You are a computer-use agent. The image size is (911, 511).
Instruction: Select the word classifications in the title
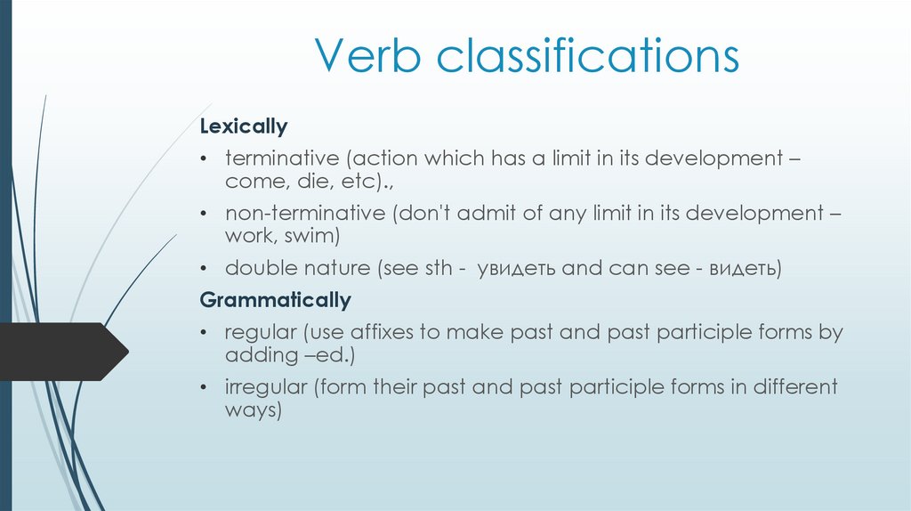(588, 57)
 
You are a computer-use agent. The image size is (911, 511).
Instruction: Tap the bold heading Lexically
(243, 126)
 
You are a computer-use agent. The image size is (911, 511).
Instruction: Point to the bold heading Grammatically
(275, 300)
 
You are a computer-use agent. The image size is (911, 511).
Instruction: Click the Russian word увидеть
(515, 269)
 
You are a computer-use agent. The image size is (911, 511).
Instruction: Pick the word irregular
(264, 388)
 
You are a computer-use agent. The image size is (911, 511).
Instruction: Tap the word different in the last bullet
(795, 388)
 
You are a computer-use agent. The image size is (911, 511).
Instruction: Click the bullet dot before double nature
(205, 269)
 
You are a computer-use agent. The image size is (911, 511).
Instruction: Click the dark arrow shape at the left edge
(62, 352)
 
